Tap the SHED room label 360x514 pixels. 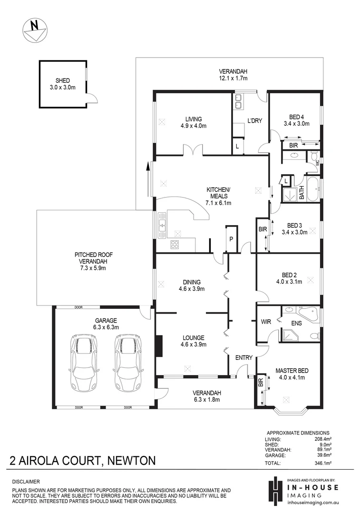(63, 80)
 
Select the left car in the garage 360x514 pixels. (84, 362)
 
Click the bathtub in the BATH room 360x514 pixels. (312, 190)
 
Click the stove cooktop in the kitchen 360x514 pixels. (175, 245)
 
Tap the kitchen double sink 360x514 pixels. (162, 224)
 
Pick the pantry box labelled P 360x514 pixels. (231, 238)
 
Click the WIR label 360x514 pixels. (266, 322)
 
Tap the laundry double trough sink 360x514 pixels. (238, 102)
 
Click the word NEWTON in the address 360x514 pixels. (132, 461)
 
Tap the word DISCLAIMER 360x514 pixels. (26, 482)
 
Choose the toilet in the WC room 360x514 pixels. (314, 157)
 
